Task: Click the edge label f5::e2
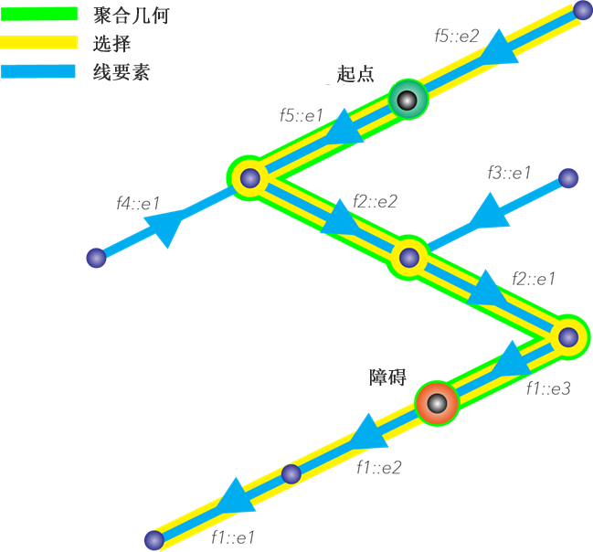(x=457, y=37)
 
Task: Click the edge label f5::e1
(x=302, y=115)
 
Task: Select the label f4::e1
(x=138, y=204)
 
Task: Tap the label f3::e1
(x=509, y=173)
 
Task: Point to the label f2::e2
(x=375, y=201)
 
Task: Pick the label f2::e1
(x=534, y=279)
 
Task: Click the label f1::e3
(x=548, y=388)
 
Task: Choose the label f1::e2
(x=378, y=467)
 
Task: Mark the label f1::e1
(x=233, y=537)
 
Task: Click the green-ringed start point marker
(x=408, y=100)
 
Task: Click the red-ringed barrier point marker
(x=437, y=403)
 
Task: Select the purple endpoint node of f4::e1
(x=96, y=258)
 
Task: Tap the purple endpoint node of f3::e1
(x=568, y=177)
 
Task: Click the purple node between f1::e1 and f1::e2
(x=291, y=473)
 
